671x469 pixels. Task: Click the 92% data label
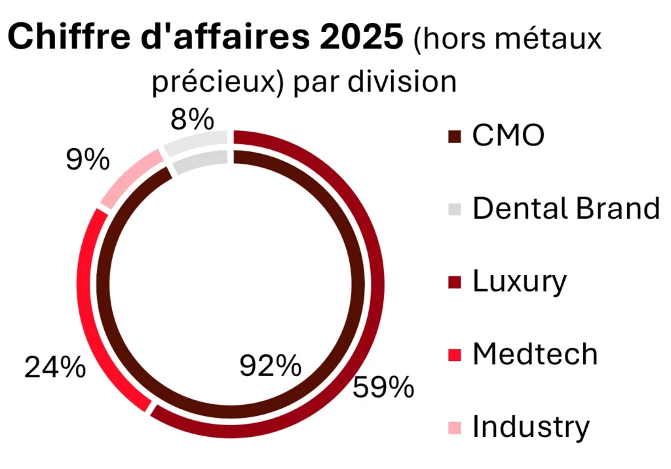click(x=269, y=366)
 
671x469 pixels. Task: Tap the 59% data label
click(x=383, y=388)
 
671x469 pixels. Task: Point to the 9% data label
click(x=87, y=160)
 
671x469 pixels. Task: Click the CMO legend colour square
click(x=455, y=138)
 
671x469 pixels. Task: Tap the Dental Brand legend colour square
click(x=455, y=210)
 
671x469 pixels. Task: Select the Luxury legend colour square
click(x=455, y=282)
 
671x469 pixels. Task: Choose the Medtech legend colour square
click(x=455, y=355)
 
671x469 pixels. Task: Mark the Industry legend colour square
click(x=455, y=428)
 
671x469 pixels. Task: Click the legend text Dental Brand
click(x=566, y=209)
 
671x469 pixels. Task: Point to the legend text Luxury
click(x=519, y=282)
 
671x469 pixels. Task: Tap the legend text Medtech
click(x=535, y=354)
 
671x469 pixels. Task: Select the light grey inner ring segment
click(x=201, y=160)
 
